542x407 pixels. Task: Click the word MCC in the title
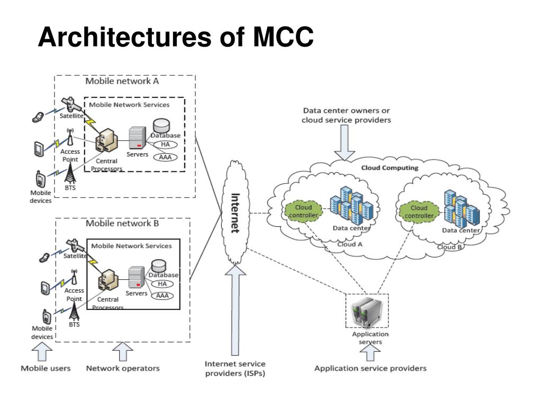click(284, 37)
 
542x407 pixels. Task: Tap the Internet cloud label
click(235, 213)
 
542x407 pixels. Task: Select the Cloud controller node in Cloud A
click(303, 211)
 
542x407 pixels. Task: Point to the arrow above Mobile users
click(42, 352)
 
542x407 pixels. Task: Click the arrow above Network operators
click(123, 352)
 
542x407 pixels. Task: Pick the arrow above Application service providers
click(370, 353)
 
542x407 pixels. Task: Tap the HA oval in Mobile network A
click(165, 144)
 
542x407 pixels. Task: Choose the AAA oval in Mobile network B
click(162, 296)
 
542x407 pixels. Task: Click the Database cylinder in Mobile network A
click(161, 126)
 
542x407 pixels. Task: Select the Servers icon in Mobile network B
click(136, 277)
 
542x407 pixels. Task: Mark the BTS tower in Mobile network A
click(70, 173)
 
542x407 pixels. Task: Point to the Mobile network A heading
click(122, 81)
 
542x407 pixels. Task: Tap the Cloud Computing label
click(390, 168)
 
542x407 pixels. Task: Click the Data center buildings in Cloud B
click(462, 208)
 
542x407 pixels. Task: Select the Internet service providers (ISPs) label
click(235, 369)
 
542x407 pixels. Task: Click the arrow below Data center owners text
click(345, 143)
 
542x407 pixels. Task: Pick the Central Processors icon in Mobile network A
click(106, 140)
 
